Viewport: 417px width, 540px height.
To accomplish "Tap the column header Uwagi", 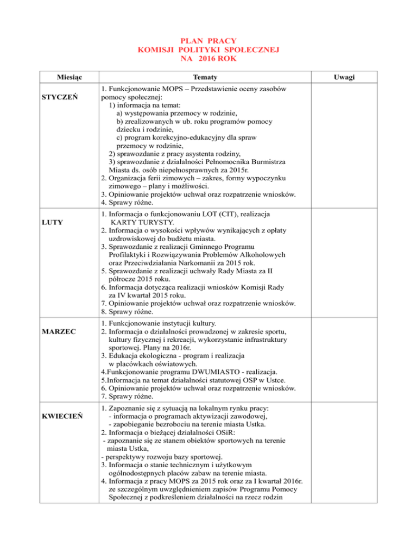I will pos(345,78).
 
